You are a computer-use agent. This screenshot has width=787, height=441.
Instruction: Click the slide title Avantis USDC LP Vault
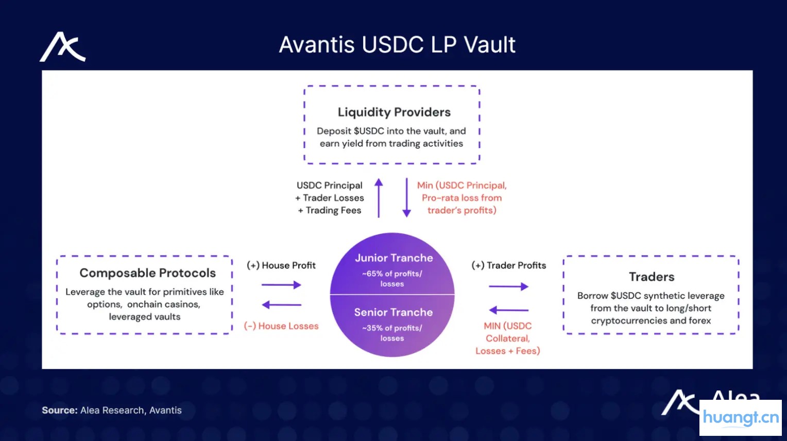[397, 45]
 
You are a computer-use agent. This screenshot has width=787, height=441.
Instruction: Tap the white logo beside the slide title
[63, 47]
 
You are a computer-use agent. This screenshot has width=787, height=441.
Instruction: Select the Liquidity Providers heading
[394, 112]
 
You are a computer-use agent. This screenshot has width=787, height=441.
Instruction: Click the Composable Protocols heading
[147, 273]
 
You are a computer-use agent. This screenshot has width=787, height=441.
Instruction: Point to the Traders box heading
[652, 277]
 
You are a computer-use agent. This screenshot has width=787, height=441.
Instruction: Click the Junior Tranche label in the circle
[394, 258]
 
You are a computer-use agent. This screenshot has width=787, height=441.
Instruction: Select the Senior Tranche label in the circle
[393, 312]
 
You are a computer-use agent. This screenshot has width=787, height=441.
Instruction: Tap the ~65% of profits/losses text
[392, 279]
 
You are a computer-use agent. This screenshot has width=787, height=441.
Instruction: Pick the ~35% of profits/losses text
[392, 333]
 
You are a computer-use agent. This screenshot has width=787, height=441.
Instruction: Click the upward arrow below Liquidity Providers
[379, 198]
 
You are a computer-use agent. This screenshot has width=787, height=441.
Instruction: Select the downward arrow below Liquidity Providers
[406, 198]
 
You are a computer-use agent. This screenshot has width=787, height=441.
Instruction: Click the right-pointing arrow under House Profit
[281, 285]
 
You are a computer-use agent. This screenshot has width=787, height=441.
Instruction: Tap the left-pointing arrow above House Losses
[281, 305]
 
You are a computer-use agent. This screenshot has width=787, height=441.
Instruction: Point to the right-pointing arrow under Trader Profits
[508, 286]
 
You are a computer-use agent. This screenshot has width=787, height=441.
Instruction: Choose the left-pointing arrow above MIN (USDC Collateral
[508, 310]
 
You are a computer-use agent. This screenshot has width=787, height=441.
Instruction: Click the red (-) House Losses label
[281, 326]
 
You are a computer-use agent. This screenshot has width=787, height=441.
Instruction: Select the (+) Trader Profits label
[508, 265]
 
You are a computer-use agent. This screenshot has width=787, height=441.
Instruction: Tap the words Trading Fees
[333, 210]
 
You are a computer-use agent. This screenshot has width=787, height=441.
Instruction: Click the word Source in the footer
[59, 411]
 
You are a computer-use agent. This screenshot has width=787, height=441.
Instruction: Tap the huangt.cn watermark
[741, 417]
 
